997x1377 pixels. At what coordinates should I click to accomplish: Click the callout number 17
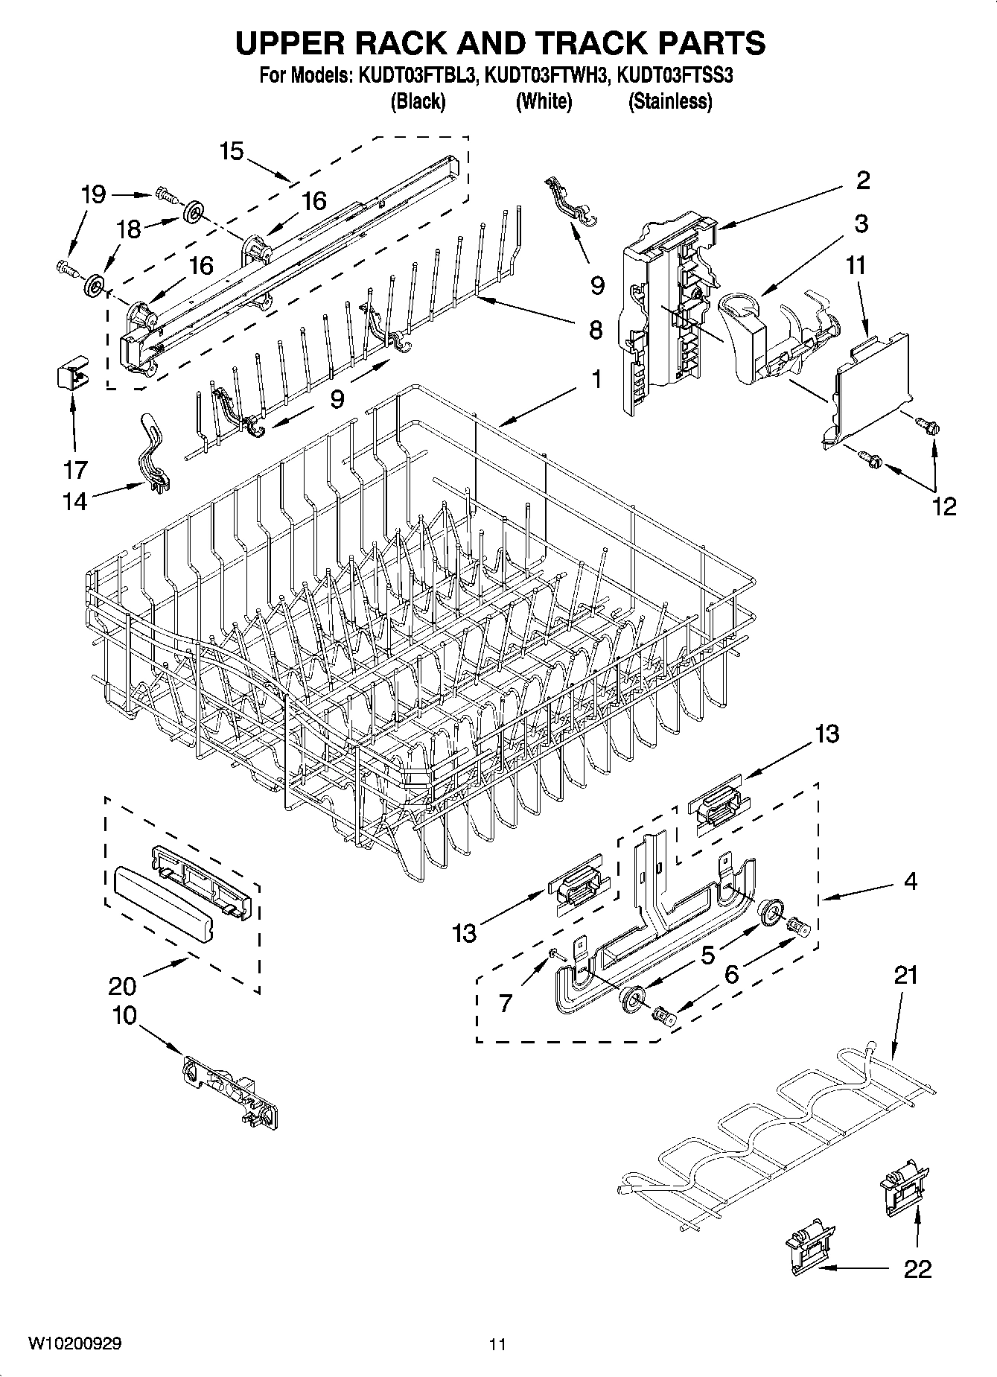[x=75, y=470]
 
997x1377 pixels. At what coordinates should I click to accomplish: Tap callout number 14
[x=75, y=503]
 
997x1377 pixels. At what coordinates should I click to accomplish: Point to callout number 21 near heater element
[x=905, y=975]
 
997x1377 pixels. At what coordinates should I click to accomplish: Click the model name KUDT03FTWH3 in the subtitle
[x=545, y=75]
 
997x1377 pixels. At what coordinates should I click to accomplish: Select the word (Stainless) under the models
[x=670, y=101]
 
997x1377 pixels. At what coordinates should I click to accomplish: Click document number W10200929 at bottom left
[x=75, y=1343]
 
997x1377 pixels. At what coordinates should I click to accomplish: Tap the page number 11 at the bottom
[x=497, y=1344]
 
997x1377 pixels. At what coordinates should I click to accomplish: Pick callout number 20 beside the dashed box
[x=122, y=986]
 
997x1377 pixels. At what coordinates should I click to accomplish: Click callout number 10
[x=125, y=1015]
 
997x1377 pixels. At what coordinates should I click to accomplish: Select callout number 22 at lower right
[x=917, y=1269]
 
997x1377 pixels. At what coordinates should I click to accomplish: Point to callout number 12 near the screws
[x=943, y=506]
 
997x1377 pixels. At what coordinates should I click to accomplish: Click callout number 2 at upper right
[x=863, y=180]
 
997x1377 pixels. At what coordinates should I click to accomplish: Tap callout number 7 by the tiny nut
[x=506, y=1003]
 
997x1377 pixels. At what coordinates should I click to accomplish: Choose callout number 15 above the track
[x=232, y=151]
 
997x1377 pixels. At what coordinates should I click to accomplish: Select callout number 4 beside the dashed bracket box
[x=910, y=882]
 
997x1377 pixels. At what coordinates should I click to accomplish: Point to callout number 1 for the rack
[x=596, y=380]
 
